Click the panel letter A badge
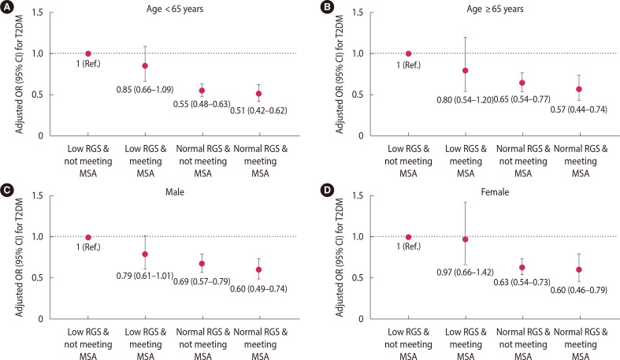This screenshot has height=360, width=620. point(6,6)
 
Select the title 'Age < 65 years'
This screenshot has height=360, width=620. point(173,9)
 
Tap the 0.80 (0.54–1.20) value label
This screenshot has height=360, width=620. point(465,101)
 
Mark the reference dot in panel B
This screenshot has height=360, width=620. point(408,54)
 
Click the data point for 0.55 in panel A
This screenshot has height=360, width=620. point(202,91)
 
